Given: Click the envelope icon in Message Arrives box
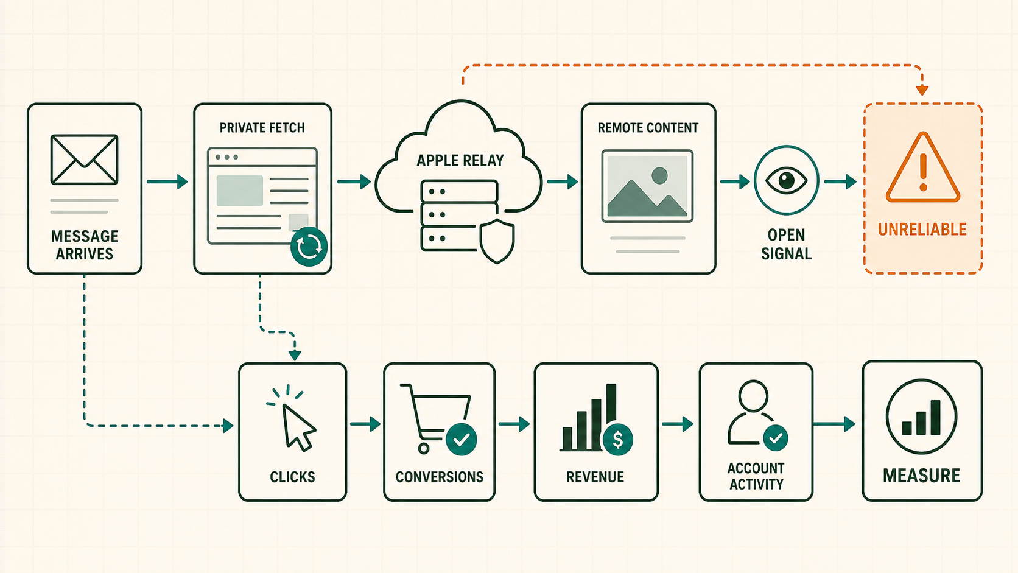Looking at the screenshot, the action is point(85,160).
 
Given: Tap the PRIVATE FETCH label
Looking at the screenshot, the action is point(262,128).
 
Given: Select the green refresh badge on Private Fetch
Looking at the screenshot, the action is point(309,246).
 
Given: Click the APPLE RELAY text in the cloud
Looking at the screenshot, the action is point(460,160).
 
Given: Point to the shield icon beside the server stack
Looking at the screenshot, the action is point(497,241).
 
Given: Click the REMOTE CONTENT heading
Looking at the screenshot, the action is point(648,128).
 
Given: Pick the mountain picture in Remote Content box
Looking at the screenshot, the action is point(647,186).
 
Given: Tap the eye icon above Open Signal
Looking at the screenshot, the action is point(786,180).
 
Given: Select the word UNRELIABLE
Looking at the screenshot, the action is point(922,230).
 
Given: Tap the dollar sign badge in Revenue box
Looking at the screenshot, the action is point(617,440).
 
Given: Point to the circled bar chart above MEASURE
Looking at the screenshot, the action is point(922,417).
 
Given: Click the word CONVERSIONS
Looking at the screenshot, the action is point(440,477).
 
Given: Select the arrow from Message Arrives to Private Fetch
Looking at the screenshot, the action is point(167,181).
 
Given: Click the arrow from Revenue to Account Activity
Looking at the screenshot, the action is point(678,424).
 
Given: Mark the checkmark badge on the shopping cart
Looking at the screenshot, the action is point(462,439).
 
